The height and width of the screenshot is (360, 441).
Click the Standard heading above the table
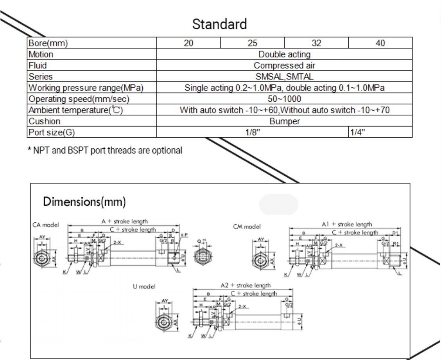point(219,24)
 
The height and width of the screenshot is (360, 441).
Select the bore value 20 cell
point(188,43)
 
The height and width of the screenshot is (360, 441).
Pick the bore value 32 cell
point(316,43)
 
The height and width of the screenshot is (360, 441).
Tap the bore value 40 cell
point(380,43)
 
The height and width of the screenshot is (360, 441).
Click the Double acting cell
point(284,54)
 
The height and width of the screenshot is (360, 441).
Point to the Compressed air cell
point(284,65)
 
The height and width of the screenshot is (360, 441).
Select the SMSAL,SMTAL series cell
point(284,77)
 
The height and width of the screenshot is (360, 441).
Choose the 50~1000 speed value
point(284,99)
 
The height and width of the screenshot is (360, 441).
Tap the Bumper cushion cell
point(284,121)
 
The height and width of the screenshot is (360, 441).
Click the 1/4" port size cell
point(357,132)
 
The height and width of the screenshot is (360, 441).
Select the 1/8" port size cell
point(252,132)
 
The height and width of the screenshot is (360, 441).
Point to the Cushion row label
point(45,121)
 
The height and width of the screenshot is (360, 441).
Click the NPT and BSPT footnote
point(105,150)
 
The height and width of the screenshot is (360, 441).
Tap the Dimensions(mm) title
point(84,202)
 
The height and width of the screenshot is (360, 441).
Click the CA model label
point(46,225)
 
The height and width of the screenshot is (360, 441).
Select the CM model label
point(247,227)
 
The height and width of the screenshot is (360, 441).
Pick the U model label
point(144,286)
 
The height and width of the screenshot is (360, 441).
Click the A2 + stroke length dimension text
point(246,285)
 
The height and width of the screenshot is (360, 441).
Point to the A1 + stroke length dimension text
point(347,224)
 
